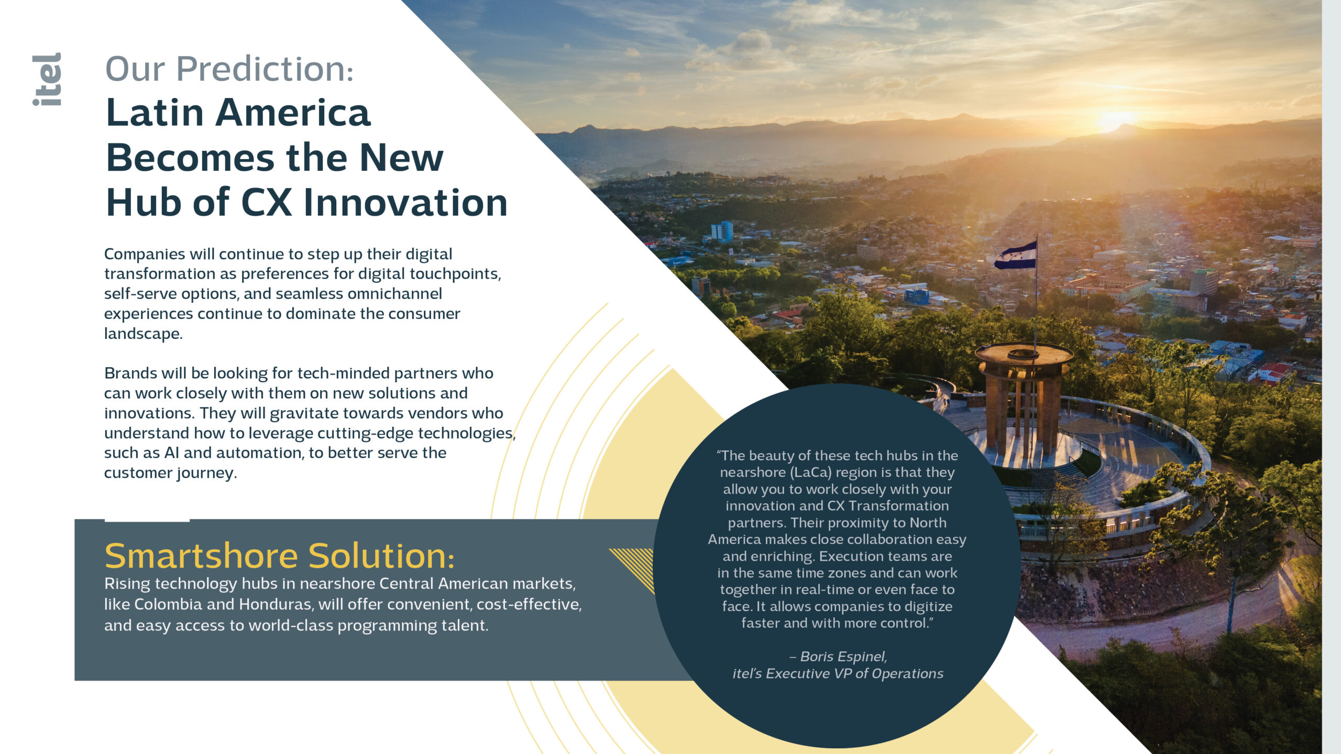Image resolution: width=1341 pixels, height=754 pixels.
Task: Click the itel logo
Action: click(x=47, y=79)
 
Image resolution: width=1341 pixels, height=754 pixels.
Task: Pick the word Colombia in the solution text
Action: click(x=168, y=604)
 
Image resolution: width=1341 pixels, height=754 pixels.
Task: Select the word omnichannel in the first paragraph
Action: click(x=394, y=293)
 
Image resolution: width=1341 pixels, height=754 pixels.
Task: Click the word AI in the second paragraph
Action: click(x=171, y=452)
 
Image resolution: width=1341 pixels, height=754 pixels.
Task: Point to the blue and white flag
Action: click(x=1015, y=256)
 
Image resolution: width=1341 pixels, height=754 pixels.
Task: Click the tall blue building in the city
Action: click(x=722, y=231)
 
